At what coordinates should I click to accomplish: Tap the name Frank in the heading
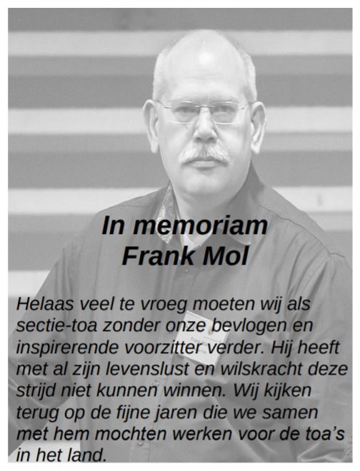click(155, 255)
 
